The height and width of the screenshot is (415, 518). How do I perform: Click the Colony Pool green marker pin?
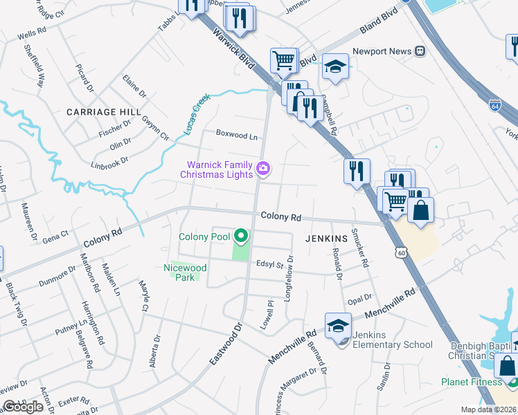(x=241, y=237)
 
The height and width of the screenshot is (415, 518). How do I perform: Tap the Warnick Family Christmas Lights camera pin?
(x=262, y=168)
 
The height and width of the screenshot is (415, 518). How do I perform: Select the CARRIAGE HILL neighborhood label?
(x=104, y=111)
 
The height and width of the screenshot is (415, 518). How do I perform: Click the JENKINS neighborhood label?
(x=325, y=238)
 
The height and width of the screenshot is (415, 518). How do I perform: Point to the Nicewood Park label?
(x=185, y=272)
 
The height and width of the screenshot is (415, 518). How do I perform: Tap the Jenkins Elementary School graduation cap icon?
(x=337, y=325)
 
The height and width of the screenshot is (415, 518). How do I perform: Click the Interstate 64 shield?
(x=494, y=106)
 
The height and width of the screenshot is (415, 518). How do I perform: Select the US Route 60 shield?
(x=401, y=254)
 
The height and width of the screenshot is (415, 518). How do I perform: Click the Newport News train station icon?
(x=420, y=51)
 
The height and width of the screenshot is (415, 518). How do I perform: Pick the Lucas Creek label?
(x=196, y=115)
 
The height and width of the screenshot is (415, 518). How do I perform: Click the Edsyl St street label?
(x=270, y=264)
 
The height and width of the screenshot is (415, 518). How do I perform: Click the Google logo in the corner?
(x=23, y=407)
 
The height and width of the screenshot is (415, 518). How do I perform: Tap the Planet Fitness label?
(x=472, y=382)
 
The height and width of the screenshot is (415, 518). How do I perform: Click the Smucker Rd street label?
(x=359, y=247)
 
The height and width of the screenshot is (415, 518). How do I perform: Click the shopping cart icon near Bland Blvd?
(x=283, y=60)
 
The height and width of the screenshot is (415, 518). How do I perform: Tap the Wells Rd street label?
(x=31, y=33)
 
